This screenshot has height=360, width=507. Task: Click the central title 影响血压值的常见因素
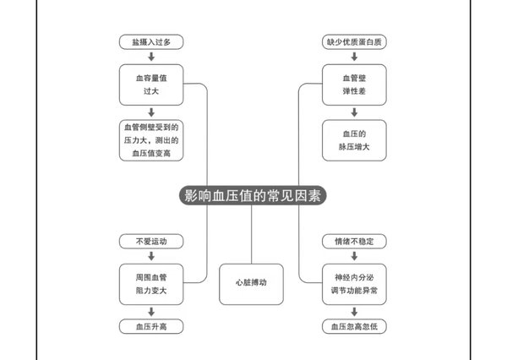(x=253, y=195)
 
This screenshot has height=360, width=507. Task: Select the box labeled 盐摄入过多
(x=151, y=42)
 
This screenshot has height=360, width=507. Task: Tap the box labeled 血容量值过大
(x=151, y=85)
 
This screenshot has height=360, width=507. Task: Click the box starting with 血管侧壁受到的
(x=151, y=140)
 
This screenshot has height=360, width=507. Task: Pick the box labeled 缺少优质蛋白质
(x=354, y=42)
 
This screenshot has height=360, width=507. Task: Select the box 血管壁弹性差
(x=354, y=85)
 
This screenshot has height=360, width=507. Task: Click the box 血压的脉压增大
(x=354, y=140)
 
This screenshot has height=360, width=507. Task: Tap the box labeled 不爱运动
(x=151, y=242)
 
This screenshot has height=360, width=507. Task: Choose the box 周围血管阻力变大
(x=151, y=284)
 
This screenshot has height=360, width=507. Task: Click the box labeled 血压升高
(x=151, y=326)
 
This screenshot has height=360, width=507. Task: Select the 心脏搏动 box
(x=251, y=284)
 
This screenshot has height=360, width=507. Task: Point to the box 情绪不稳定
(x=354, y=242)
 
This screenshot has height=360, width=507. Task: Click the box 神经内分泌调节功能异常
(x=354, y=284)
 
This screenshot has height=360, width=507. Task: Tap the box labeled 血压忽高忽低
(x=354, y=326)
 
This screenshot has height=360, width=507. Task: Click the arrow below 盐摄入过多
(x=151, y=57)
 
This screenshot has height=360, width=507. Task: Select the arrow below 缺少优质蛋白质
(x=354, y=57)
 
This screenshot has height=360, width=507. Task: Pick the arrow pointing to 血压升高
(x=151, y=312)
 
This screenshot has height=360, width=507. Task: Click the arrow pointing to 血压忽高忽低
(x=354, y=312)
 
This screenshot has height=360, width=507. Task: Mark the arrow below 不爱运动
(x=151, y=256)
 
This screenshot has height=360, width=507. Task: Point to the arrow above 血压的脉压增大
(x=354, y=112)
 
